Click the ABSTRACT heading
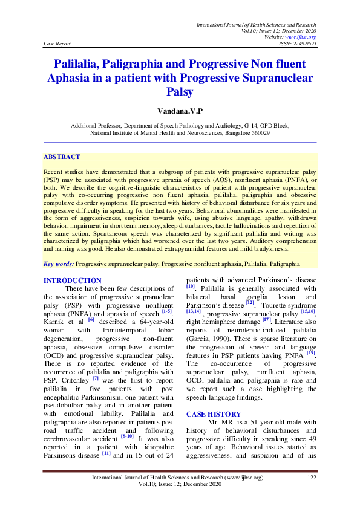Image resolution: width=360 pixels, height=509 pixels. click(61, 157)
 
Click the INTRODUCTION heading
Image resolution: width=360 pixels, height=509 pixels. click(73, 280)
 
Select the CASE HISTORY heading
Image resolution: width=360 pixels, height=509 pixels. click(212, 414)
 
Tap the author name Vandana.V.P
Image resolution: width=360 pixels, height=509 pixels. click(180, 112)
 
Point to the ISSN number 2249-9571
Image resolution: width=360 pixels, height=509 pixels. click(302, 44)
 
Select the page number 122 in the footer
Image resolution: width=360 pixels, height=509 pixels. click(312, 478)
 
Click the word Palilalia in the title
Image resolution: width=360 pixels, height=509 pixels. click(80, 63)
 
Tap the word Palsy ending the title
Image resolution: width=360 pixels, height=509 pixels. click(180, 92)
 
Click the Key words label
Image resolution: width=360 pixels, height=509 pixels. click(59, 264)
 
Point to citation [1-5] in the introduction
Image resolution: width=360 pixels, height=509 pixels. click(163, 311)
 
